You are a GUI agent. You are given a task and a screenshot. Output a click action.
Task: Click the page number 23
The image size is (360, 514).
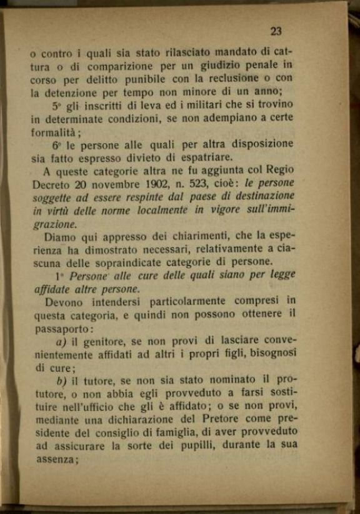pos(277,32)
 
